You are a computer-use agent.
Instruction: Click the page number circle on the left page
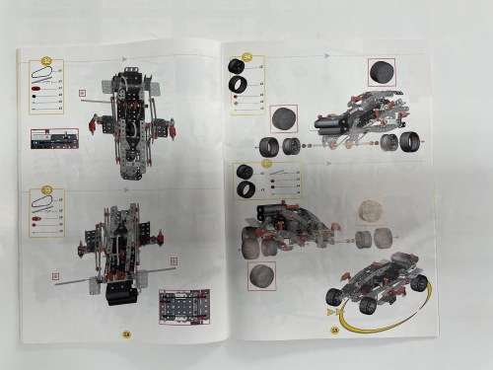126,333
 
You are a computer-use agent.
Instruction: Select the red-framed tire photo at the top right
382,71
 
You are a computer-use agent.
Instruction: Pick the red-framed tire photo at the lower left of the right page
262,275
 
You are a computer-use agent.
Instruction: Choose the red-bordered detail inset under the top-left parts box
54,137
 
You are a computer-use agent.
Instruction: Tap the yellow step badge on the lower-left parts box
46,191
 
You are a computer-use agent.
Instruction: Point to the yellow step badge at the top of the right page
247,57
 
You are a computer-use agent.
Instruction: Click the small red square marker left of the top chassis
84,95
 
